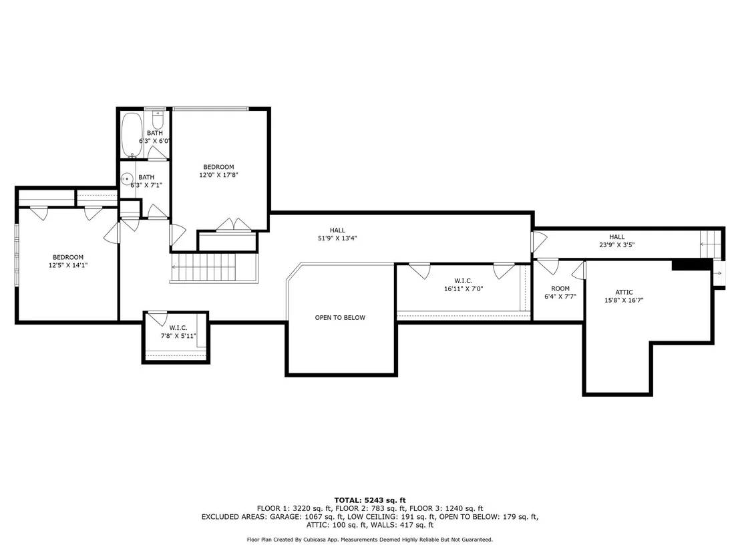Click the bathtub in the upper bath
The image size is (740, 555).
[132, 135]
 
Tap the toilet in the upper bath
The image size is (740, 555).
[158, 120]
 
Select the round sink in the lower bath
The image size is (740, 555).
[126, 180]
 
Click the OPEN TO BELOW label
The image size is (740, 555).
[340, 318]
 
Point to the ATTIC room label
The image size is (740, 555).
[624, 292]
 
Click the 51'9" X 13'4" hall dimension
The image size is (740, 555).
[337, 238]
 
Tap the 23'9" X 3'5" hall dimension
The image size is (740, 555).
[617, 245]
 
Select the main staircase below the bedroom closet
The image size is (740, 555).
[214, 268]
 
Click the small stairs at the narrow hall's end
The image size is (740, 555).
[711, 244]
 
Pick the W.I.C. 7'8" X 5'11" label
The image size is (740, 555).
[178, 332]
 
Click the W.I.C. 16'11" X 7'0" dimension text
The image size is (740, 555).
[464, 289]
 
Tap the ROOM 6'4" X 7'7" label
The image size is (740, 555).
[560, 293]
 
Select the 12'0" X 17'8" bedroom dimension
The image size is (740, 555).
[218, 174]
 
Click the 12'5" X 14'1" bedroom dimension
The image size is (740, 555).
[68, 265]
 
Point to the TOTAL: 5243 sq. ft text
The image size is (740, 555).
[370, 500]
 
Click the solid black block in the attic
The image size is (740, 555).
[692, 264]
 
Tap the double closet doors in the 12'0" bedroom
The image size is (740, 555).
[234, 225]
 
